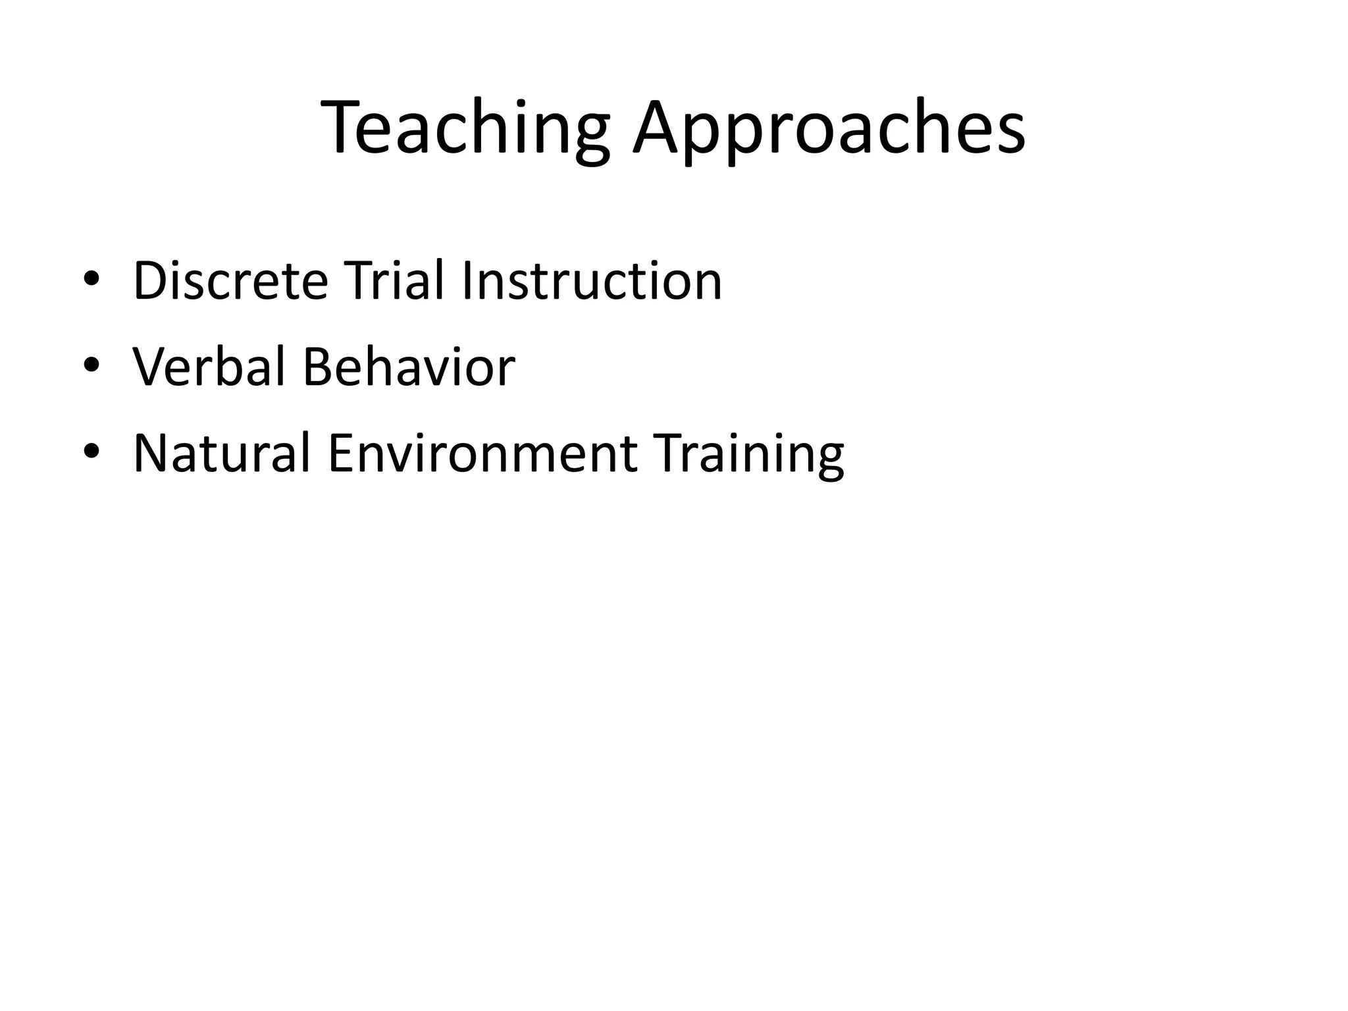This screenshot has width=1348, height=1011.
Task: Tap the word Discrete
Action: [230, 281]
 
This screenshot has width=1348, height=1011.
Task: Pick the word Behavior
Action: [408, 367]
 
